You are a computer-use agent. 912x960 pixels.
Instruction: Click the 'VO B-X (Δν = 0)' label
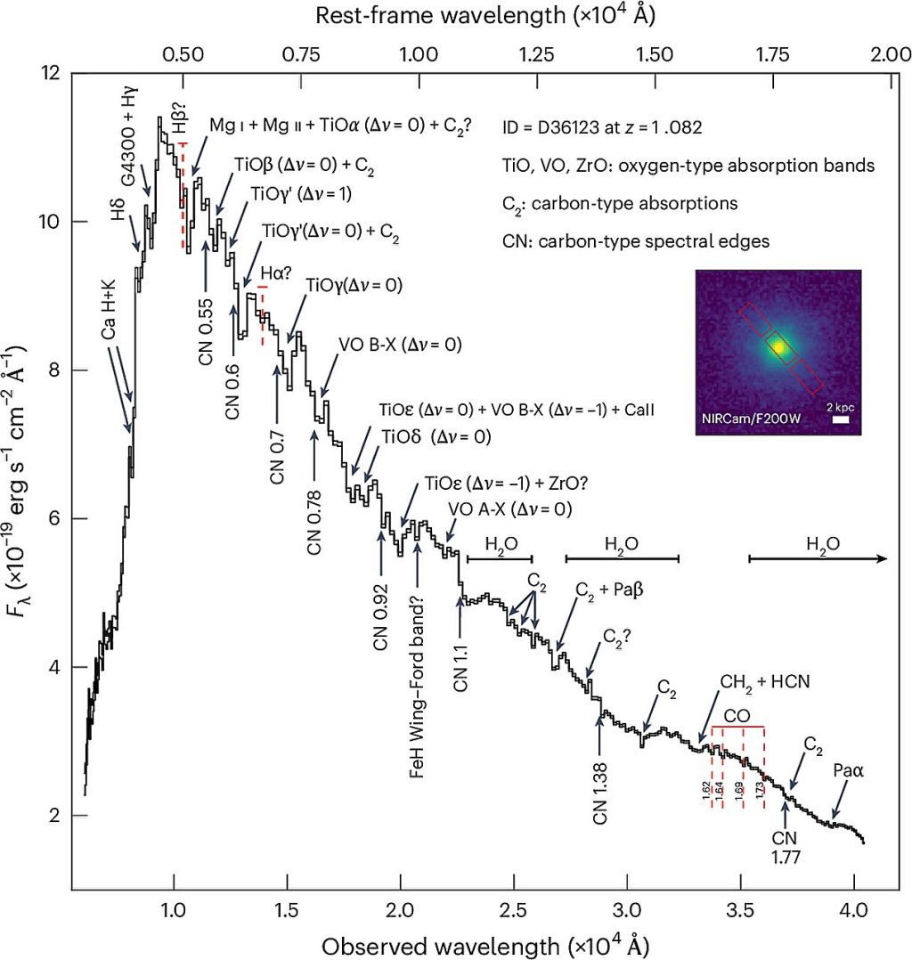click(399, 345)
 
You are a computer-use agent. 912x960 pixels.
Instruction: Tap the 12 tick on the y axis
click(53, 73)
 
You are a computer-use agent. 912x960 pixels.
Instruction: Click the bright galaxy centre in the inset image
click(779, 347)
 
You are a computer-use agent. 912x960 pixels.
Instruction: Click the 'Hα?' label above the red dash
click(264, 275)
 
